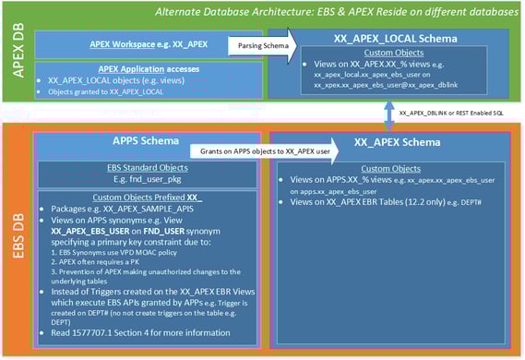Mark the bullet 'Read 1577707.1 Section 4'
click(x=138, y=330)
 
